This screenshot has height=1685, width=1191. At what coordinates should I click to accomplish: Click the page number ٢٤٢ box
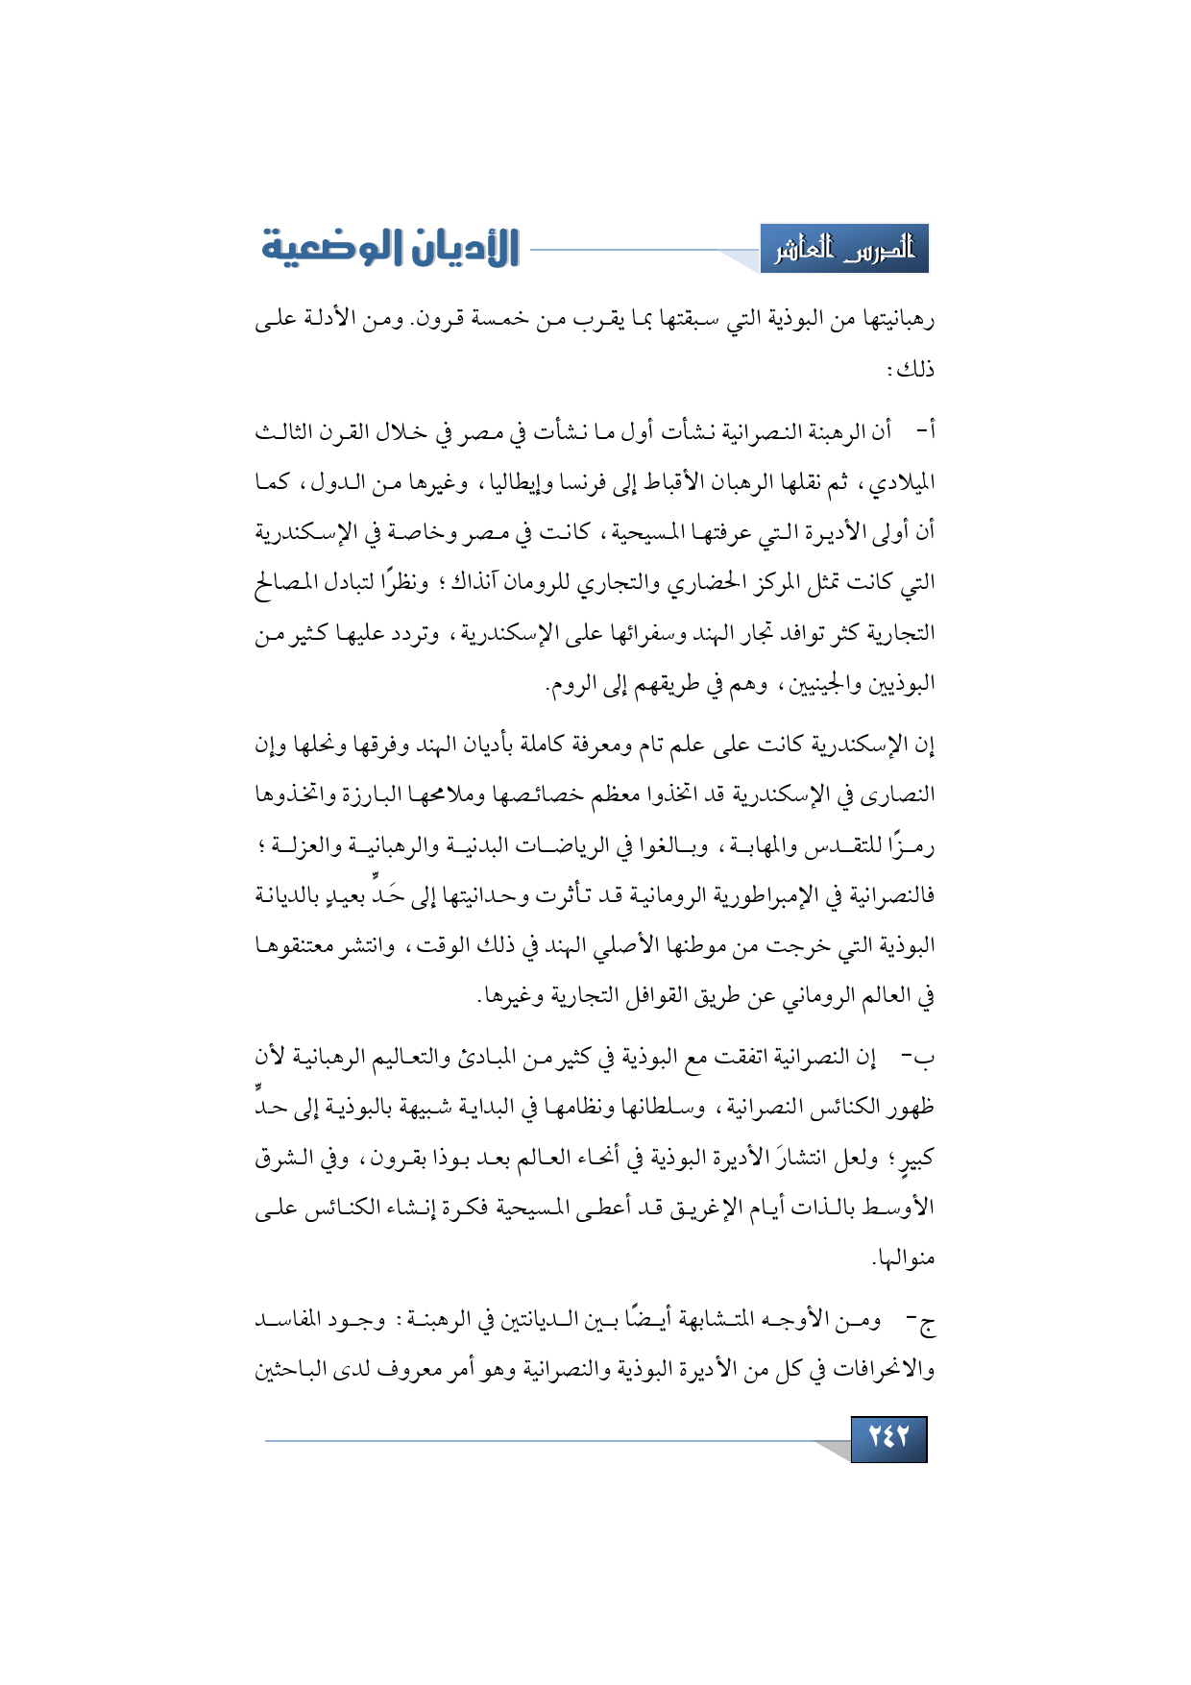(888, 1438)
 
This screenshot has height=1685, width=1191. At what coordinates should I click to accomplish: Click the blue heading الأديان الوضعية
(391, 248)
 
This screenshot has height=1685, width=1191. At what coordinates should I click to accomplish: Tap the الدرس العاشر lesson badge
(844, 250)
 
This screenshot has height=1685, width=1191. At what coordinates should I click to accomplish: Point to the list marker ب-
(920, 1058)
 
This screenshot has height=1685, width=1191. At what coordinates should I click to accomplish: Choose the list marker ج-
(923, 1322)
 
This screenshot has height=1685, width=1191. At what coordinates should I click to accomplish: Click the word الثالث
(286, 432)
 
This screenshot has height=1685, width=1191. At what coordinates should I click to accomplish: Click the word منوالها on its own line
(903, 1258)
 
